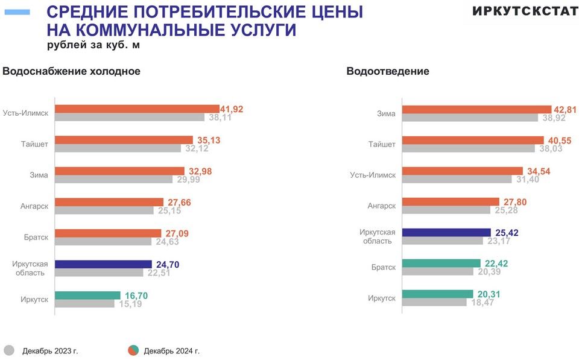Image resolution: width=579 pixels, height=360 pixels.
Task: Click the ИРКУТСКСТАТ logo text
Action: (x=525, y=11)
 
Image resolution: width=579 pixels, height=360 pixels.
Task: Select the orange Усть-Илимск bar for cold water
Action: (x=137, y=109)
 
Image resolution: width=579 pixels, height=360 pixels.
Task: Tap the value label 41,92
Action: (x=232, y=109)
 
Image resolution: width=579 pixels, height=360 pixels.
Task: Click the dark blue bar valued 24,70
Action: (x=103, y=264)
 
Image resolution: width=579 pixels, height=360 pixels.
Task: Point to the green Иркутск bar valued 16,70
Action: (x=87, y=295)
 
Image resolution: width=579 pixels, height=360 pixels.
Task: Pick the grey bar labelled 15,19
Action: (x=84, y=303)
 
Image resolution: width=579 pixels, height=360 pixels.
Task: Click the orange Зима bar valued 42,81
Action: (x=476, y=109)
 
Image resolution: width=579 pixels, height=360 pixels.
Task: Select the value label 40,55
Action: (x=560, y=141)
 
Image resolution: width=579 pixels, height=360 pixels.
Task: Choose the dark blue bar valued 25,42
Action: (x=446, y=232)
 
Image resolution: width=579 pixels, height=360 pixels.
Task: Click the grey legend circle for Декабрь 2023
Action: (x=9, y=350)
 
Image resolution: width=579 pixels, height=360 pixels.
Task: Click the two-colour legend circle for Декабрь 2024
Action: (x=133, y=350)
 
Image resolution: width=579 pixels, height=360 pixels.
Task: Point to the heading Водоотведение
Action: (x=388, y=71)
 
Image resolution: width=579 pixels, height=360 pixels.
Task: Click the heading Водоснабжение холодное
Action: (x=72, y=71)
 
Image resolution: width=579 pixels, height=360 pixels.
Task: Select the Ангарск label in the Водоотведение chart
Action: (x=382, y=206)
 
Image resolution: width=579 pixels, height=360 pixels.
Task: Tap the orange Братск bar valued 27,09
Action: (x=108, y=233)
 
